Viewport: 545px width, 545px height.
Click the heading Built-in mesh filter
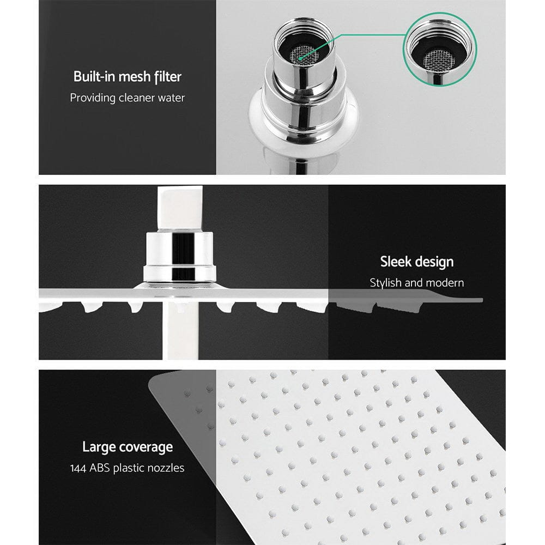point(127,77)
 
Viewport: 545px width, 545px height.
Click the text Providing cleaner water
point(127,98)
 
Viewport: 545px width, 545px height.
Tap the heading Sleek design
point(417,262)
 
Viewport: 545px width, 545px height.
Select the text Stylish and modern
point(417,283)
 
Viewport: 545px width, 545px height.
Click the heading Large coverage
point(127,447)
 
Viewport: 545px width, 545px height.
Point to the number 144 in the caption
point(80,468)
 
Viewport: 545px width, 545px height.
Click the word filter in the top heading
point(167,77)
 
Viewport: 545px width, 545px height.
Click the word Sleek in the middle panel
point(396,262)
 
